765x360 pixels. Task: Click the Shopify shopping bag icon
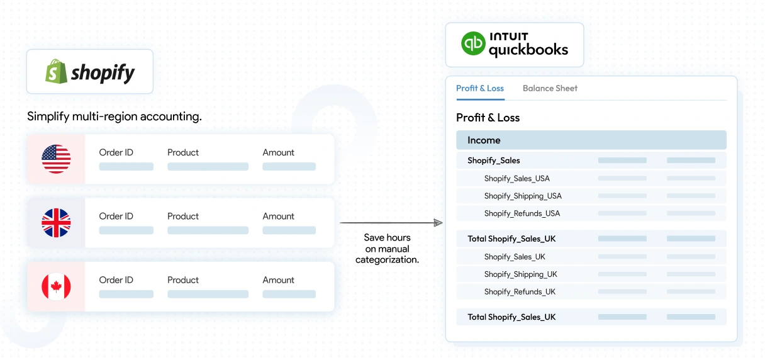(56, 71)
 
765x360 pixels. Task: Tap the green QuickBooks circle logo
(473, 43)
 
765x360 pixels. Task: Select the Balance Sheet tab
(550, 88)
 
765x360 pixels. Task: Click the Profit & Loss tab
(480, 88)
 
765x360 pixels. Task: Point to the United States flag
(56, 159)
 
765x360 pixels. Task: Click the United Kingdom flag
(56, 223)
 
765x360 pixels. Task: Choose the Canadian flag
(56, 286)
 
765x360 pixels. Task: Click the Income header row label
(484, 140)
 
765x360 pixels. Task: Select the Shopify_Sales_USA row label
(517, 179)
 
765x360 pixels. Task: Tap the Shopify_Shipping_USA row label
(523, 196)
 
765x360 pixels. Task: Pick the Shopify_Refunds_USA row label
(522, 213)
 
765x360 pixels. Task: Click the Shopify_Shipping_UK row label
(520, 274)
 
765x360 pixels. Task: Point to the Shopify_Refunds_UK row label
(520, 291)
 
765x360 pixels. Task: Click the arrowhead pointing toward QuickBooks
(438, 223)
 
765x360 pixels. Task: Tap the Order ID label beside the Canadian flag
(116, 279)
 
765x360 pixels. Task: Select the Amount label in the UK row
(278, 217)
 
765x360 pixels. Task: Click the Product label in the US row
(182, 152)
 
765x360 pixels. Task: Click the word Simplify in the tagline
(48, 116)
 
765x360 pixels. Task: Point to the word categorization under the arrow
(387, 259)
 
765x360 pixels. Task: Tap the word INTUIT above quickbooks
(509, 37)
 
